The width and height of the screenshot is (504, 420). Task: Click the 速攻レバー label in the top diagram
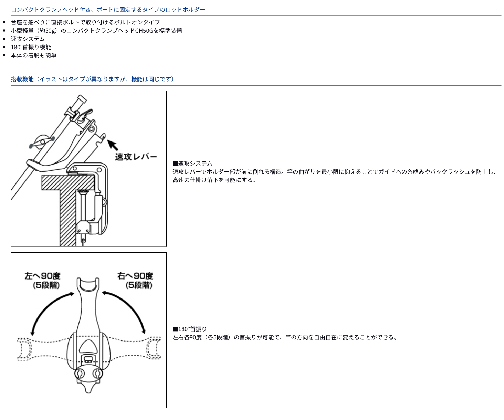136,157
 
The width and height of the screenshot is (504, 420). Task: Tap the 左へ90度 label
43,276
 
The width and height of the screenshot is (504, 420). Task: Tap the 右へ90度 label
135,276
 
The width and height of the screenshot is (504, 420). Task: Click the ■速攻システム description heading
192,164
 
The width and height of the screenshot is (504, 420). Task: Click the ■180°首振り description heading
190,329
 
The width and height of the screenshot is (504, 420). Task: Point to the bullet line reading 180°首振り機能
31,47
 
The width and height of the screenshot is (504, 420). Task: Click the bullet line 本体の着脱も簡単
34,55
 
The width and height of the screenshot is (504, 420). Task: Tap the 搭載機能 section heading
22,79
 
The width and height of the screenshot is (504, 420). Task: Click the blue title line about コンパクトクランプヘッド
108,10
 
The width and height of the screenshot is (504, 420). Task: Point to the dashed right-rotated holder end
153,348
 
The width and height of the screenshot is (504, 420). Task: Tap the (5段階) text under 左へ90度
46,285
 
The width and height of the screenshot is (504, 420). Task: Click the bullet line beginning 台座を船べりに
85,22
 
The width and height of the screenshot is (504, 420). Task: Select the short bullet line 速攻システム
28,39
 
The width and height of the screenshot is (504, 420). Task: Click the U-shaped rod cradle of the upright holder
88,285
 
